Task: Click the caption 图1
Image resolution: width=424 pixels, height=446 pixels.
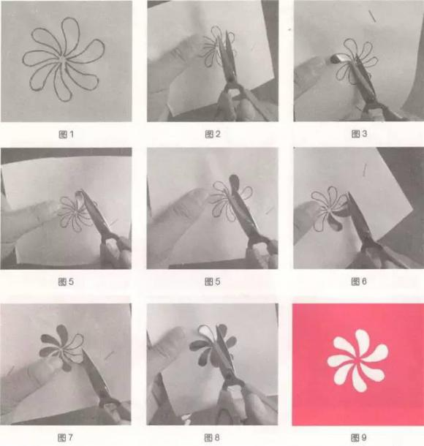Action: click(x=67, y=135)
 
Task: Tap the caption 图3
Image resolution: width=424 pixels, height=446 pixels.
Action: click(x=359, y=134)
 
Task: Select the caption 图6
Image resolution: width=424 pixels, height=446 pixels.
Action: click(x=359, y=281)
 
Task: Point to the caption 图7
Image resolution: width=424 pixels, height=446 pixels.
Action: click(x=65, y=437)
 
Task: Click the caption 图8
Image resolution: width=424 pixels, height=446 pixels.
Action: click(x=212, y=437)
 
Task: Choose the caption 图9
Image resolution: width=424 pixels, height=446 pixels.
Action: click(x=359, y=437)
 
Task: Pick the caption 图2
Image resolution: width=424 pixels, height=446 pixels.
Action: click(x=213, y=134)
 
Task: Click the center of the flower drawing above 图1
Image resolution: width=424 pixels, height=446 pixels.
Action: click(x=63, y=59)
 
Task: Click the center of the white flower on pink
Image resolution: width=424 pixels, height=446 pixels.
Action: click(x=357, y=360)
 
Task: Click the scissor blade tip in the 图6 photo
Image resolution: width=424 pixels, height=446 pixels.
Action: click(x=349, y=194)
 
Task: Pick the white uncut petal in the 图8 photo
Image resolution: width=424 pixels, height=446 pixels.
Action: click(x=205, y=331)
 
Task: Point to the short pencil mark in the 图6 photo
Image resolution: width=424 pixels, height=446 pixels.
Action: click(x=364, y=170)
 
